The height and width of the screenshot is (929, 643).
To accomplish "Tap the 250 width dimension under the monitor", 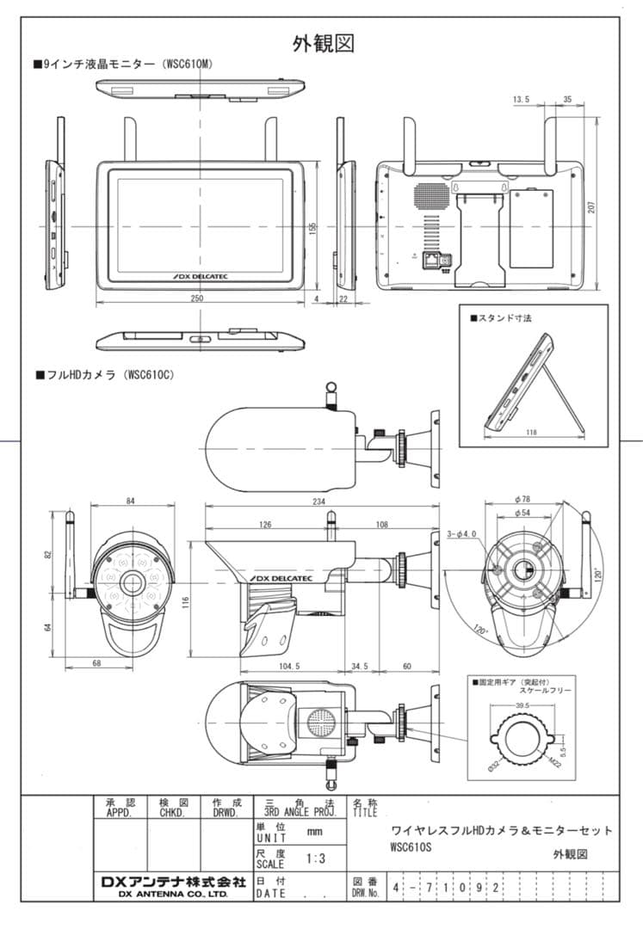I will tap(197, 298).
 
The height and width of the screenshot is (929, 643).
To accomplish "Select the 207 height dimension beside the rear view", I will tap(592, 207).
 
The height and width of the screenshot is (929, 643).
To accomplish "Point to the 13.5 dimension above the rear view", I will tap(521, 100).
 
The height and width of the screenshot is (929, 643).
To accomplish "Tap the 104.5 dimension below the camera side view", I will tap(289, 667).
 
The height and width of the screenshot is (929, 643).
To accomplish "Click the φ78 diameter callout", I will tap(522, 499).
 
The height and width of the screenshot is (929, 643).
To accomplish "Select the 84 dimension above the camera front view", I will tap(130, 501).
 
